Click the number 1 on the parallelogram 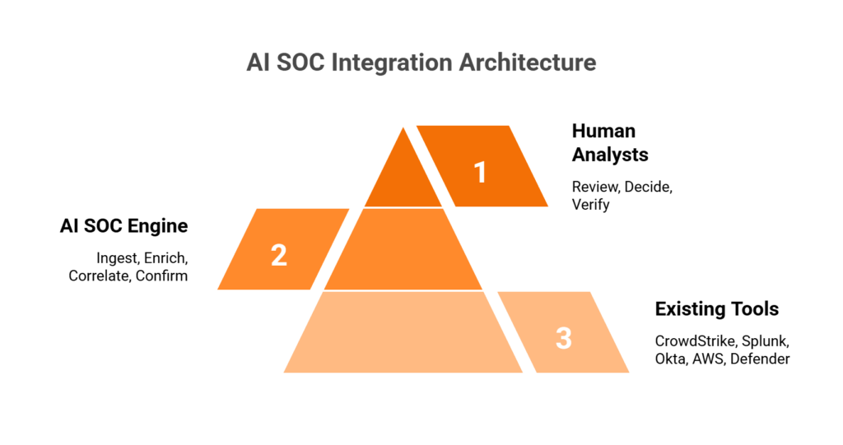point(481,172)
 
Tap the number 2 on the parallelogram point(279,254)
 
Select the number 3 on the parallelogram point(563,337)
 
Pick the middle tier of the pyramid point(403,250)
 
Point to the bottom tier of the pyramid point(403,332)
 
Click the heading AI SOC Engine point(123,226)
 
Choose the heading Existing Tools point(716,309)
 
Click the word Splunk point(764,341)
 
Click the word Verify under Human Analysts point(590,204)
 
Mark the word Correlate point(100,276)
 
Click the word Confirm point(162,276)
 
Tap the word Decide point(648,187)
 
